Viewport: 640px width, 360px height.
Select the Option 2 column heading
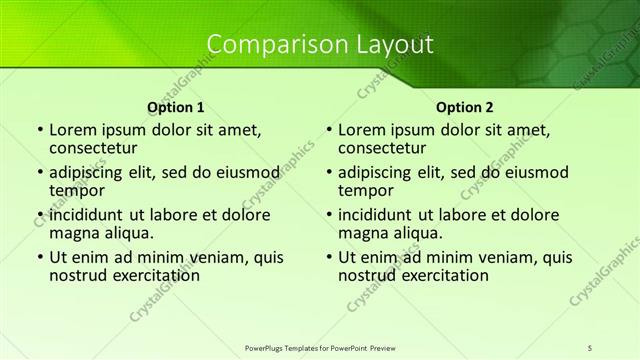tap(464, 106)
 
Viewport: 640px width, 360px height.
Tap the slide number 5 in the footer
tap(590, 346)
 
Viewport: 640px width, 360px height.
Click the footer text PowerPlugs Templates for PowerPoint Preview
tap(320, 346)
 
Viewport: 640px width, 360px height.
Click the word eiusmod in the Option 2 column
tap(532, 172)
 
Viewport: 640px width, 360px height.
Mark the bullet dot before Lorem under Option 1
tap(40, 130)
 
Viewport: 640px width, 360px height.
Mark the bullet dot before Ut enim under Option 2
tap(329, 258)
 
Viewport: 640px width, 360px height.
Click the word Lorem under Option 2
tap(362, 129)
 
